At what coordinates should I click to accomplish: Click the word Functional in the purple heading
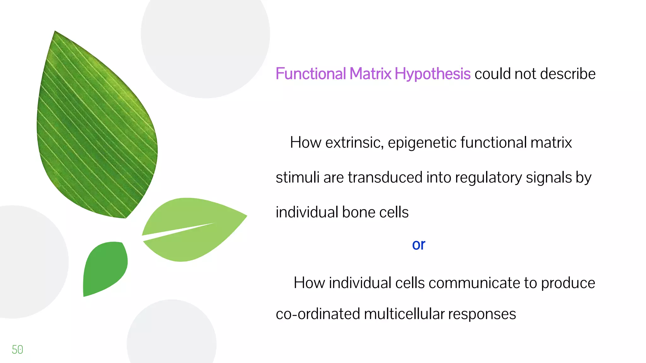tap(310, 74)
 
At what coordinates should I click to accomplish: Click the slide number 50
tap(17, 349)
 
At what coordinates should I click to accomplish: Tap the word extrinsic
tap(354, 143)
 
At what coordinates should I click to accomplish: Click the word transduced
tap(385, 177)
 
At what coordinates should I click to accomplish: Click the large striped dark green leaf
tap(95, 132)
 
